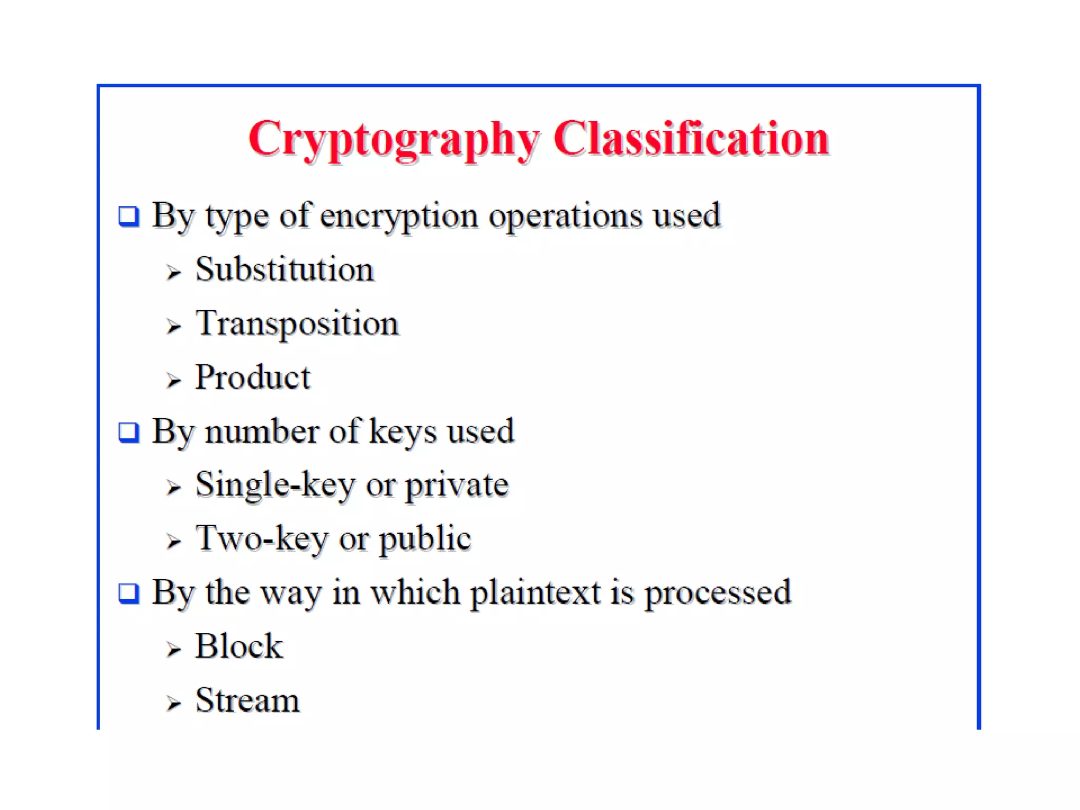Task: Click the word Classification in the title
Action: [x=691, y=138]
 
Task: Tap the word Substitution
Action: [x=285, y=269]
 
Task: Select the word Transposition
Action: [x=297, y=323]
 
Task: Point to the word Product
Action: [x=253, y=378]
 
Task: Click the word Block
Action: [x=239, y=646]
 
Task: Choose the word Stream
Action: [x=247, y=700]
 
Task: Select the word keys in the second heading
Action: [x=402, y=431]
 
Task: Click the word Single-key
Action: [x=275, y=485]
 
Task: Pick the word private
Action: [x=457, y=485]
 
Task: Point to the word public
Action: [x=425, y=539]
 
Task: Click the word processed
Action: [x=718, y=593]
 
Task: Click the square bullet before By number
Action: [x=129, y=432]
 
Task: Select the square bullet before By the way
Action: [x=129, y=593]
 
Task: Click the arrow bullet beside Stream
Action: [x=173, y=703]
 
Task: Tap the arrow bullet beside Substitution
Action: [x=173, y=272]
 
